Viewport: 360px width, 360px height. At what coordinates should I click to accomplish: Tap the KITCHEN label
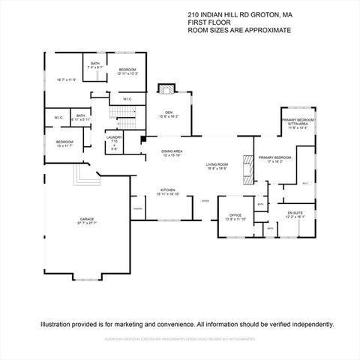[x=168, y=191]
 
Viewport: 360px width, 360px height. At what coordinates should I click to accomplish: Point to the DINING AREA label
[x=172, y=152]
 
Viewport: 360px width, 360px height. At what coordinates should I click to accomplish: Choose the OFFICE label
[x=236, y=217]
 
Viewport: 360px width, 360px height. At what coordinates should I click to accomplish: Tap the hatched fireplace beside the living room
[x=246, y=169]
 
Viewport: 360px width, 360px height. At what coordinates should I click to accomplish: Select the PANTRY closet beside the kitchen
[x=138, y=208]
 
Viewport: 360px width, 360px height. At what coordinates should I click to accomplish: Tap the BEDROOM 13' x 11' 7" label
[x=64, y=143]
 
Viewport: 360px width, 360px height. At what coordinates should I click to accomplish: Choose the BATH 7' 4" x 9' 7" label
[x=95, y=65]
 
